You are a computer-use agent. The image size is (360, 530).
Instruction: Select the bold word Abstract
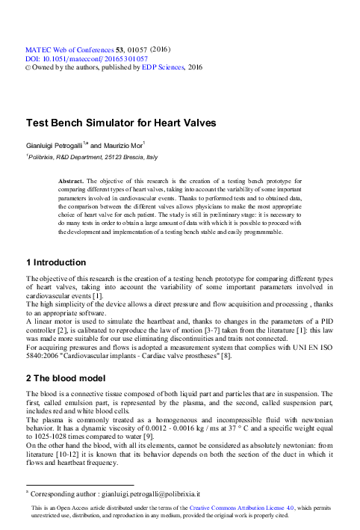coord(72,181)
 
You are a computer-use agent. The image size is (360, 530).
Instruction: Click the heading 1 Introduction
coord(56,262)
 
